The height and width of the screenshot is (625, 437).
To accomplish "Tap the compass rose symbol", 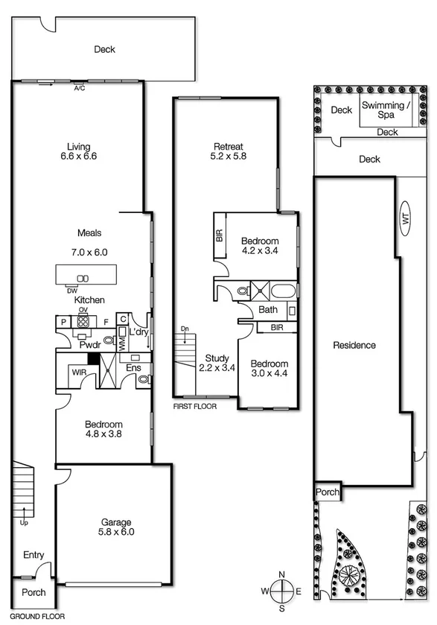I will [281, 591].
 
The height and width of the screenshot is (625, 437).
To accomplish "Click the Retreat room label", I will [228, 151].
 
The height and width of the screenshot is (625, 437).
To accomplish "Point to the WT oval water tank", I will [405, 218].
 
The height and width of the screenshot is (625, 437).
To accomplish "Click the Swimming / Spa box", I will [386, 110].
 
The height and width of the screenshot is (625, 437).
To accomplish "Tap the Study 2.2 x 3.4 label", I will [217, 362].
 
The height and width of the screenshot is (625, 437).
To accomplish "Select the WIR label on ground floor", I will [78, 370].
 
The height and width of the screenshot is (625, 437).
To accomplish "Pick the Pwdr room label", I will [90, 345].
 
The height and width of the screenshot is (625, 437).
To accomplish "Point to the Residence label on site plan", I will [354, 345].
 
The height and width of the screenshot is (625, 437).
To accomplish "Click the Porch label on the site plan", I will [327, 492].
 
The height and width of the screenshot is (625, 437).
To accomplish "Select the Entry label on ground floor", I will [34, 555].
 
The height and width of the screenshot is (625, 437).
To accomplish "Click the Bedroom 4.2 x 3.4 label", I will [260, 246].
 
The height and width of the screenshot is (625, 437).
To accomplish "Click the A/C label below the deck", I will [80, 88].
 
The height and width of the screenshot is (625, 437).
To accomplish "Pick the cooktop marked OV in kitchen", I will [83, 322].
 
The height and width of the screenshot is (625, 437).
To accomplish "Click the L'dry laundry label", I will [138, 332].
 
